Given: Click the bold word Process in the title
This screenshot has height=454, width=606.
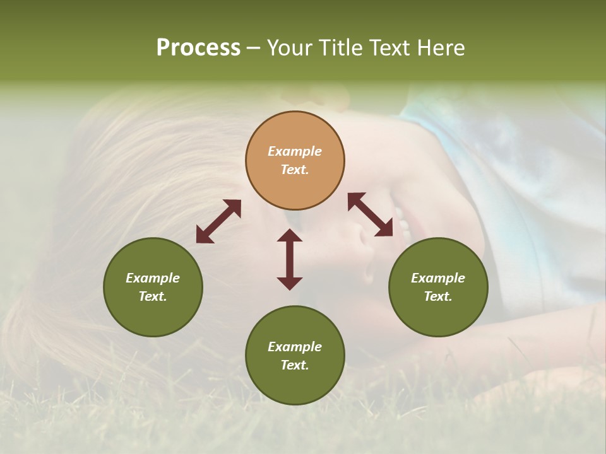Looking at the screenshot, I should pyautogui.click(x=198, y=48).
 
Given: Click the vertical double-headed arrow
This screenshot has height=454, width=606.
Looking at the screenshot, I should pyautogui.click(x=290, y=260).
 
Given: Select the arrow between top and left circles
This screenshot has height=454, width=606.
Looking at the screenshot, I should pyautogui.click(x=218, y=221).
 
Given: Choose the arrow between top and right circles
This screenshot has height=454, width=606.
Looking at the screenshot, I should pyautogui.click(x=370, y=215).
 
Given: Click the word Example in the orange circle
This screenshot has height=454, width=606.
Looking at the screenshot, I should pyautogui.click(x=295, y=151).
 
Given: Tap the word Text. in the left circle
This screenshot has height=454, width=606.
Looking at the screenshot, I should pyautogui.click(x=153, y=296).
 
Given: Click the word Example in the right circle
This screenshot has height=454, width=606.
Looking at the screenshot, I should pyautogui.click(x=438, y=278).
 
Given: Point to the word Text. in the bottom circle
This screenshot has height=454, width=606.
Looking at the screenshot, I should pyautogui.click(x=295, y=365).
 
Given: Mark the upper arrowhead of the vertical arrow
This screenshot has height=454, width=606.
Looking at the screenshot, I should pyautogui.click(x=290, y=236).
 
